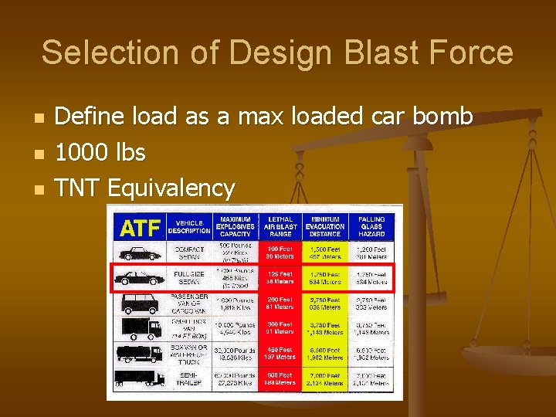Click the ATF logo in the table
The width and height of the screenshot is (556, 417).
140,228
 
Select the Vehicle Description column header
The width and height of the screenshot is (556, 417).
188,227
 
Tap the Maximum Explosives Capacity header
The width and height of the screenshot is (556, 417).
235,227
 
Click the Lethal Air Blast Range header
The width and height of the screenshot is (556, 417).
280,227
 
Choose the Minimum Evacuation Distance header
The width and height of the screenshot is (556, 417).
325,227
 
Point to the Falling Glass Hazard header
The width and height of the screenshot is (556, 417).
371,227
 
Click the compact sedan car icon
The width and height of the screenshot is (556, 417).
140,253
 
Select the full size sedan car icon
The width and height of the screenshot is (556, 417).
140,278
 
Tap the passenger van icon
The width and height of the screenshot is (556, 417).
140,303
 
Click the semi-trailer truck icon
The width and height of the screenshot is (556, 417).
140,378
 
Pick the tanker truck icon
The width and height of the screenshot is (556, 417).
140,354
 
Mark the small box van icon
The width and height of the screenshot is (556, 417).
140,328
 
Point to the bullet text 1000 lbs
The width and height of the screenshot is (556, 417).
100,152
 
